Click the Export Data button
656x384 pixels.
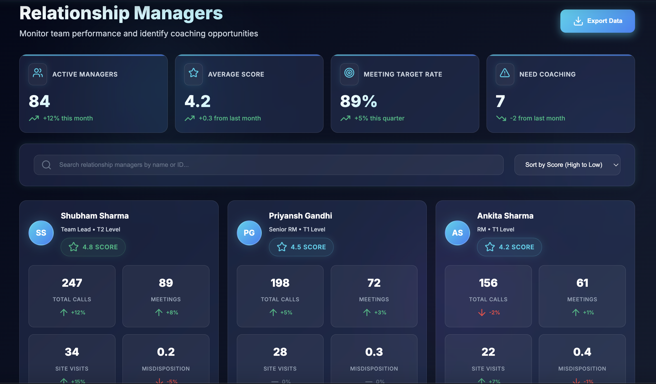[597, 21]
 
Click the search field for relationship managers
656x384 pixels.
[268, 165]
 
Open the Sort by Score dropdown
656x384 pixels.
[567, 165]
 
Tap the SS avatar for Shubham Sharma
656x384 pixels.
[41, 233]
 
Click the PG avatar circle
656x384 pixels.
[249, 233]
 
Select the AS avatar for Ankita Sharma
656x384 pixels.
[457, 233]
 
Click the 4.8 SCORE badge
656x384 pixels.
[93, 247]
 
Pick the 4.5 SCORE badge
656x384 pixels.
[301, 247]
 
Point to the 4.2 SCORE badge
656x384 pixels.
[509, 247]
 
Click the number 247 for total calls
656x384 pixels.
[72, 283]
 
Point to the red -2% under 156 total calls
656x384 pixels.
[494, 312]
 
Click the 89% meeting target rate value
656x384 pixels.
[358, 101]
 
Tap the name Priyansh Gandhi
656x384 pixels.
[300, 216]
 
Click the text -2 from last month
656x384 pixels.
[537, 118]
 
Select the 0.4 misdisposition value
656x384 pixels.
[582, 352]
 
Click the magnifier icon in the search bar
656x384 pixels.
[46, 165]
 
